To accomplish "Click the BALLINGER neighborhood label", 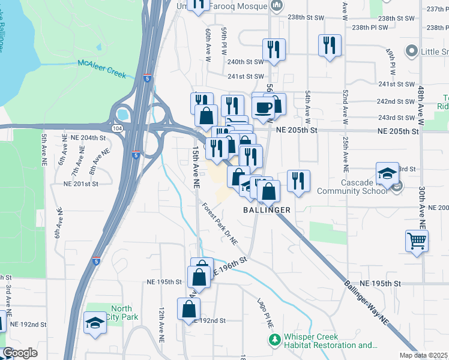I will click(267, 210).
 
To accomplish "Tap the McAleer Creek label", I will click(101, 68).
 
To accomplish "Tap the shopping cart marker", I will click(417, 241).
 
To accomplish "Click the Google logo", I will click(20, 353).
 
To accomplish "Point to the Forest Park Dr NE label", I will click(220, 224).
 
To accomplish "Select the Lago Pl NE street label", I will click(265, 312).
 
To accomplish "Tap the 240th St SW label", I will click(246, 61).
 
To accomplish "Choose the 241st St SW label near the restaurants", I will click(246, 76).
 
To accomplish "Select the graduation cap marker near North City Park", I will click(95, 323).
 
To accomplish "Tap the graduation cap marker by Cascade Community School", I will click(388, 173).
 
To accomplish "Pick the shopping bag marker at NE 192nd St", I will click(188, 309).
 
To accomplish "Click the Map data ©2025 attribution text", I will click(424, 355).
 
